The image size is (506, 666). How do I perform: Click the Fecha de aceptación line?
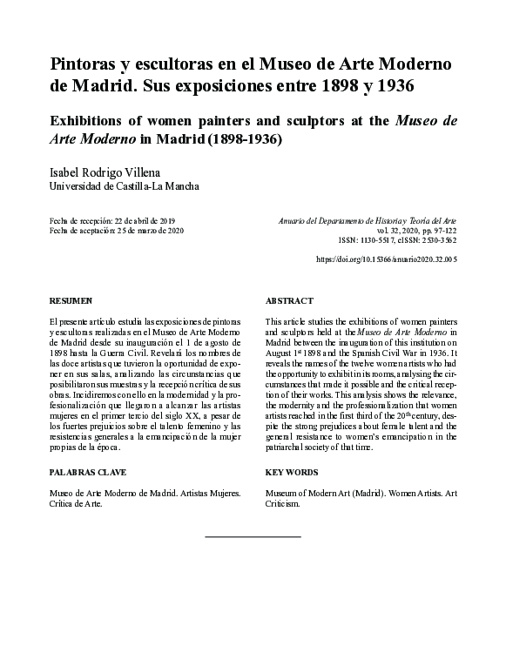point(117,231)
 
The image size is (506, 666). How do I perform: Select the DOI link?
point(385,259)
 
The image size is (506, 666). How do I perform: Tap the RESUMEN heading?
point(71,300)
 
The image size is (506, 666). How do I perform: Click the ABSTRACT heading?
point(288,300)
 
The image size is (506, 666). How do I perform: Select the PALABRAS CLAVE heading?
point(88,473)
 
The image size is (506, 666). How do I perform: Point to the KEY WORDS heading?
point(291,473)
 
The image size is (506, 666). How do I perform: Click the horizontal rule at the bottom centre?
point(252,537)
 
